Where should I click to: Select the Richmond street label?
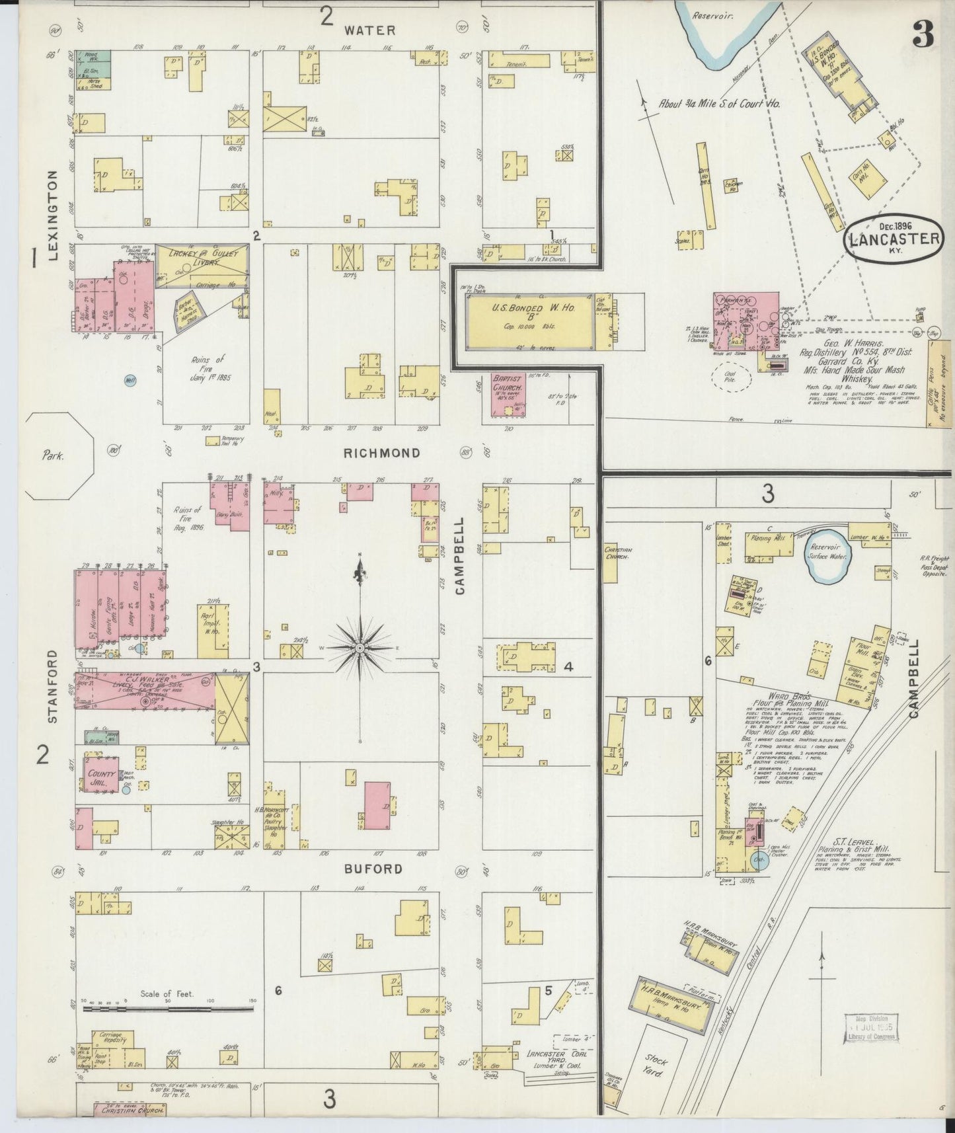click(381, 453)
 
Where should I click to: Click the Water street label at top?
click(369, 30)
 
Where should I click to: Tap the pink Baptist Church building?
click(508, 395)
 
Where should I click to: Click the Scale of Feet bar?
click(168, 1007)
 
